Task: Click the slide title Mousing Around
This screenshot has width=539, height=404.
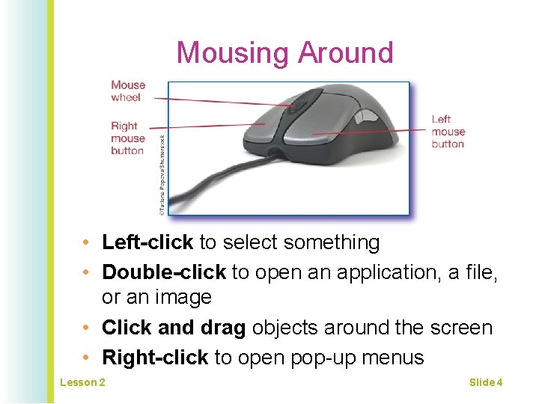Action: pos(284,53)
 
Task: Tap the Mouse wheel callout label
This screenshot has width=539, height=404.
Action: pos(128,91)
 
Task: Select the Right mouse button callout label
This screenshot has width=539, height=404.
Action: pos(128,138)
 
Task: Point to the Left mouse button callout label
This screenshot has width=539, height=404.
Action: pos(448,131)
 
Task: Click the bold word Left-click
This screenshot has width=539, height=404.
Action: pos(147,242)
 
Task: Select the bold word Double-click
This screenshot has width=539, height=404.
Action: pos(164,272)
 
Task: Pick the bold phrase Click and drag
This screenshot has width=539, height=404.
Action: pos(174,328)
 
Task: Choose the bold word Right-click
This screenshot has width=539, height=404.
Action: pos(154,358)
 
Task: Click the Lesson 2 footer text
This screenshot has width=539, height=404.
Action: pos(82,383)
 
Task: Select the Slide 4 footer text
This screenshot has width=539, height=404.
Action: pos(486,383)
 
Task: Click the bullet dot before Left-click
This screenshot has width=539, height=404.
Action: pos(88,243)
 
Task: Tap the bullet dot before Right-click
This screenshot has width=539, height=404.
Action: pos(88,358)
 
